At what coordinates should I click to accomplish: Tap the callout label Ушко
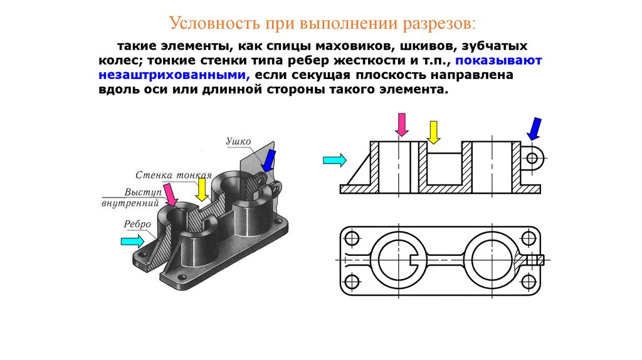click(238, 142)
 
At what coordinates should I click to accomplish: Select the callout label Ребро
click(137, 223)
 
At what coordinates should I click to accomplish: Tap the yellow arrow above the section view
click(433, 131)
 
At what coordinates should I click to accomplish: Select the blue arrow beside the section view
click(534, 128)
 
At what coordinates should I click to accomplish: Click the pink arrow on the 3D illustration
click(169, 193)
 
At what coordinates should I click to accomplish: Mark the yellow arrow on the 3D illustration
click(201, 189)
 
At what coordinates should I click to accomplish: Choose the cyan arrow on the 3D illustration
click(131, 240)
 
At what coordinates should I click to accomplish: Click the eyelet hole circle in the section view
click(532, 157)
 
